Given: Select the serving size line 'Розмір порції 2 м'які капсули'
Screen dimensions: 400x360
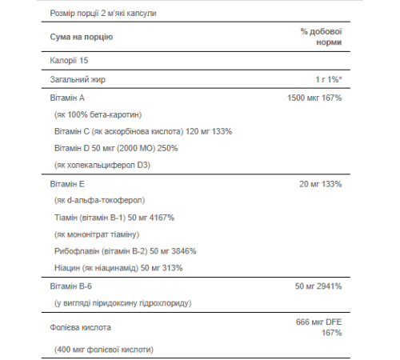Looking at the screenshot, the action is tap(98, 14).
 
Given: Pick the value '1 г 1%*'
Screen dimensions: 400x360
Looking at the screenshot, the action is tap(328, 80).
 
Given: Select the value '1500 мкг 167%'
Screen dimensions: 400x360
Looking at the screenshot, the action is tap(314, 98).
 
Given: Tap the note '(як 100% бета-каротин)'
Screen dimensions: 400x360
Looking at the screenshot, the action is tap(98, 115).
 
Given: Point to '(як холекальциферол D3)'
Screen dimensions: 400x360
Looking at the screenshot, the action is tap(102, 166).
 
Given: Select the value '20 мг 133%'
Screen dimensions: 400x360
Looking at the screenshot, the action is tap(320, 184).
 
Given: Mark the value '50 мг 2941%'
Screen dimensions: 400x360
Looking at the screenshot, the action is tap(318, 286).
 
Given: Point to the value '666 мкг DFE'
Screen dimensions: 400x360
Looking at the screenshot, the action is tap(318, 322).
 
